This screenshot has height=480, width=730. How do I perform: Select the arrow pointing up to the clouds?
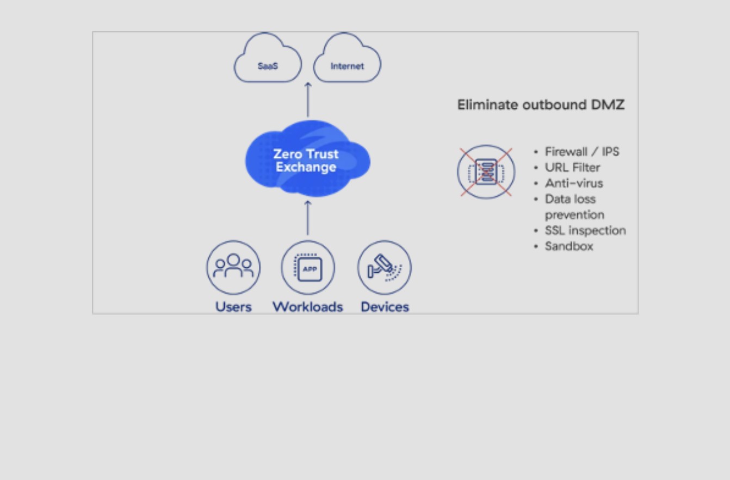tap(308, 99)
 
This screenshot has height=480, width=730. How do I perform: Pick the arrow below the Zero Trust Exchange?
tap(308, 218)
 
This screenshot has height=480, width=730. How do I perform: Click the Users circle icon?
tap(233, 268)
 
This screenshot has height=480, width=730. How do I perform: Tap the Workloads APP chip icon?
tap(308, 268)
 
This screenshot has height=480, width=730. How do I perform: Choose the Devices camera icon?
tap(385, 268)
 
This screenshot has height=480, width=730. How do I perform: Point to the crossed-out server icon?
tap(486, 172)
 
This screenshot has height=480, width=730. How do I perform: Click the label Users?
tap(233, 307)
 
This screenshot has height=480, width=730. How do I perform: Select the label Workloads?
tap(308, 307)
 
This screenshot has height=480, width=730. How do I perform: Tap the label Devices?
tap(385, 307)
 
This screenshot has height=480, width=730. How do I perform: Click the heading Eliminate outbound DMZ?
tap(541, 104)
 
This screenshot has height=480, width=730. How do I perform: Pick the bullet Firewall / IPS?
tap(582, 152)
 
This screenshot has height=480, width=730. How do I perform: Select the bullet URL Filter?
tap(572, 168)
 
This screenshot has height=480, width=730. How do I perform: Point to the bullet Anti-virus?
tap(574, 183)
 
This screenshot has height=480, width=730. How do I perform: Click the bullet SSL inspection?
tap(585, 231)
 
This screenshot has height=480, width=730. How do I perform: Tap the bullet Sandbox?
tap(569, 247)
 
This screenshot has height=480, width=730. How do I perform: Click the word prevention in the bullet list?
tap(574, 215)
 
